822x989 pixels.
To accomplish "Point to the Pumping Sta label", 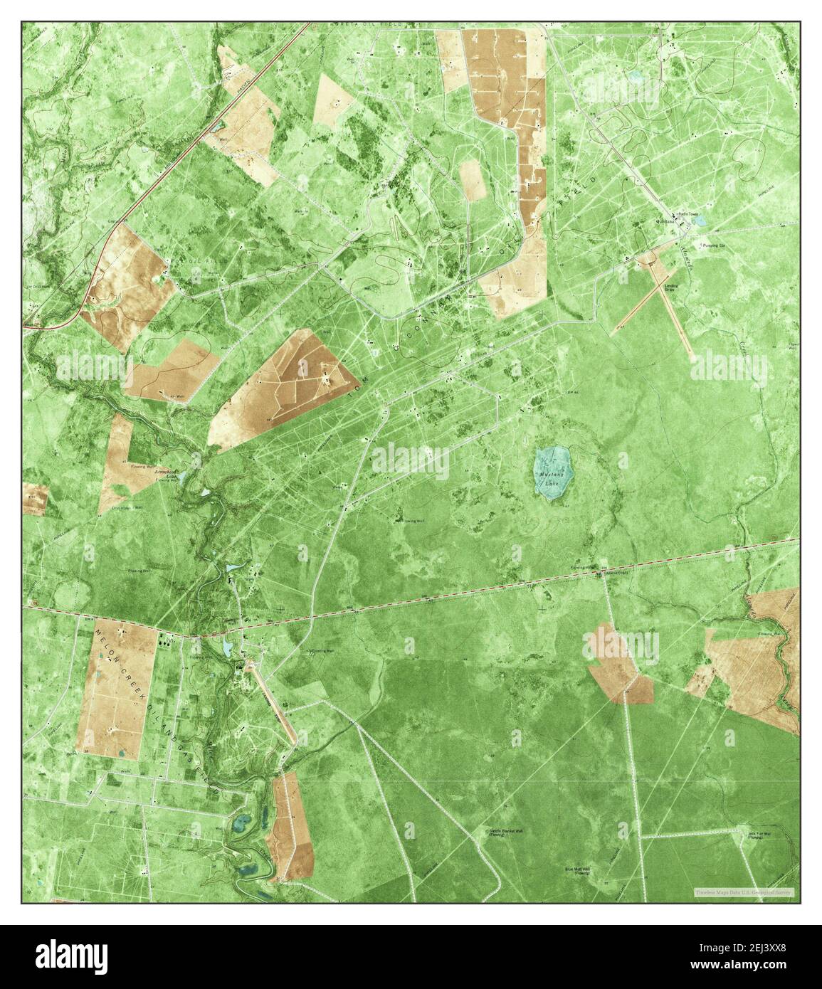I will click(711, 245).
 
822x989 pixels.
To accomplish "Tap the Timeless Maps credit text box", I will click(744, 892).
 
